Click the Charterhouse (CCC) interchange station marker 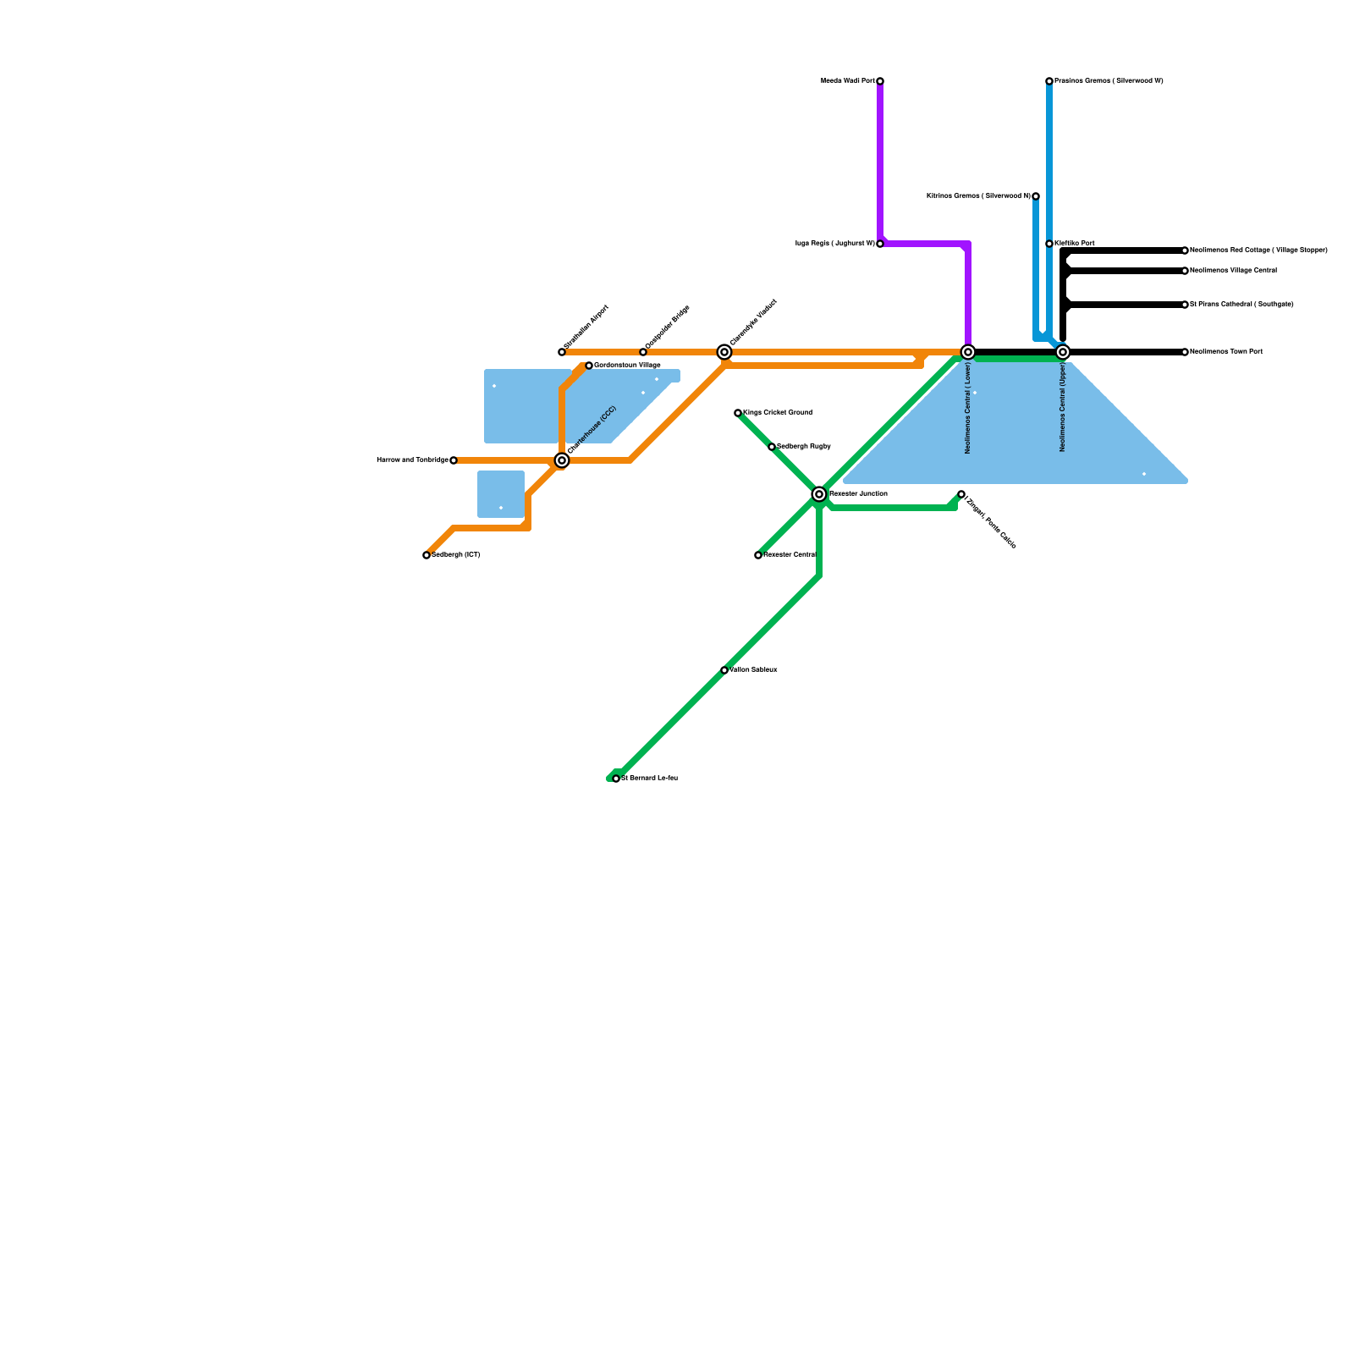tap(562, 460)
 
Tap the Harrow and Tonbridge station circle tap(454, 460)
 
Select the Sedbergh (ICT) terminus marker tap(427, 555)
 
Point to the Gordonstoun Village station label tap(627, 366)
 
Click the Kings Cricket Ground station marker tap(738, 413)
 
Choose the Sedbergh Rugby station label tap(804, 447)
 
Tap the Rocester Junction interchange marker tap(819, 494)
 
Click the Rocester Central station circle tap(758, 555)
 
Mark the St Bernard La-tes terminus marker tap(616, 779)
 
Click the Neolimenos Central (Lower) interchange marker tap(968, 352)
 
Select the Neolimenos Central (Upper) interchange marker tap(1063, 352)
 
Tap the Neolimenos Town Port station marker tap(1185, 352)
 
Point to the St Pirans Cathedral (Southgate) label tap(1241, 305)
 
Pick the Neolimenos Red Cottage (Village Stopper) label tap(1258, 250)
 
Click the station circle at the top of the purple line tap(880, 81)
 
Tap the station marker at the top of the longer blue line tap(1049, 81)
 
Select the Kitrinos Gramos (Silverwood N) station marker tap(1036, 196)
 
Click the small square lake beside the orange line tap(501, 494)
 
